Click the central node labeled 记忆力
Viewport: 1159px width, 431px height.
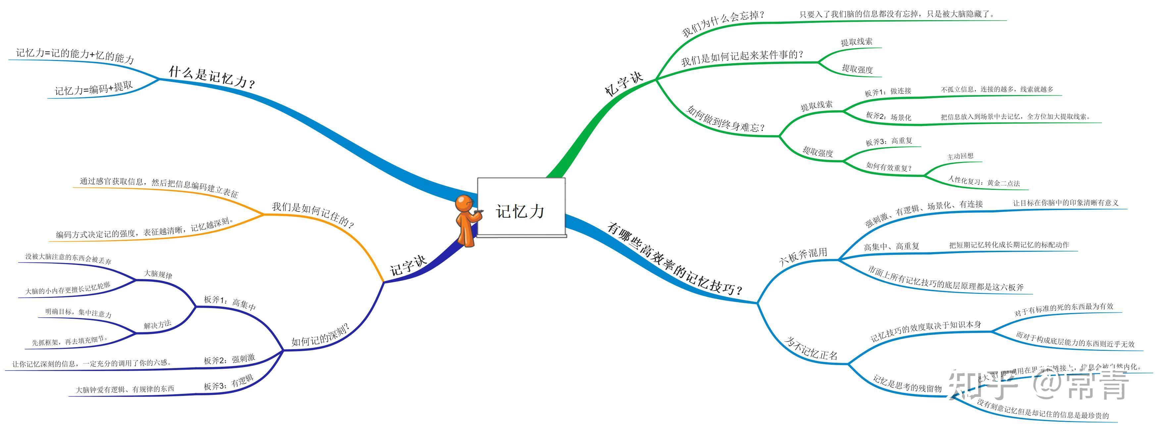coord(520,211)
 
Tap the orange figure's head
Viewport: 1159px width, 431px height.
coord(463,203)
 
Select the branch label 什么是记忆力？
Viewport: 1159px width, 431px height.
coord(212,77)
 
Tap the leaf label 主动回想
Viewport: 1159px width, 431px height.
coord(960,156)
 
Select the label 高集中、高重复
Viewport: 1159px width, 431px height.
coord(891,246)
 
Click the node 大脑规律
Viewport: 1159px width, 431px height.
coord(158,274)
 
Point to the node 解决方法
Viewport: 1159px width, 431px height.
coord(158,324)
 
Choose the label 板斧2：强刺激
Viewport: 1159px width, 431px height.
coord(229,359)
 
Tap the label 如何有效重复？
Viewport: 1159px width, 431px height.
coord(888,167)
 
